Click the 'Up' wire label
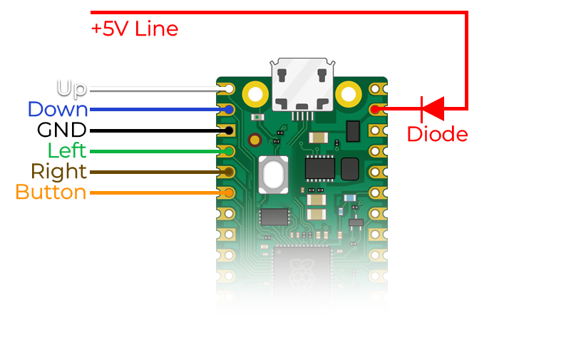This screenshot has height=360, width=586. tap(71, 89)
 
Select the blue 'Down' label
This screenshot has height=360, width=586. tap(58, 110)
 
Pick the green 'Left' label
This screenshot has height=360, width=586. tap(66, 151)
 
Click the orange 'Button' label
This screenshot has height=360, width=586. tap(51, 192)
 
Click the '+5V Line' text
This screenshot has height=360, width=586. tap(134, 29)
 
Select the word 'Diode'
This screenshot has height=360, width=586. tap(437, 134)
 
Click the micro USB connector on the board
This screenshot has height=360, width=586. tap(303, 86)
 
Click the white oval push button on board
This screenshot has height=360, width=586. tap(273, 174)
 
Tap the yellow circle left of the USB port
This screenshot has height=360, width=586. tap(255, 93)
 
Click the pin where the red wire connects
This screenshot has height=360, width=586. tap(376, 110)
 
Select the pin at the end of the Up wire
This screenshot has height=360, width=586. tap(228, 89)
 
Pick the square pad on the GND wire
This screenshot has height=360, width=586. tap(228, 130)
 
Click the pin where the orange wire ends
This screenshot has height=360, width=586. tap(228, 192)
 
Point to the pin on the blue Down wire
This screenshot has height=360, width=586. tap(228, 110)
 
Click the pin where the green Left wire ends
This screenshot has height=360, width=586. tap(228, 151)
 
